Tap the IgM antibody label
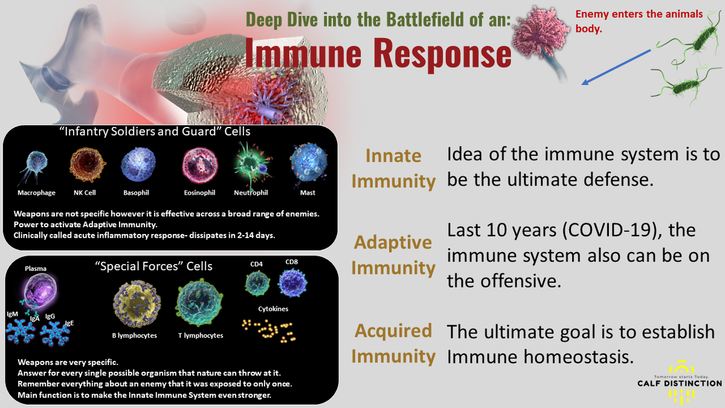point(13,315)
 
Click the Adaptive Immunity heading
point(393,254)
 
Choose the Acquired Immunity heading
point(393,343)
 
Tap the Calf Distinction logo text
point(679,383)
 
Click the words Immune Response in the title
point(378,54)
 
